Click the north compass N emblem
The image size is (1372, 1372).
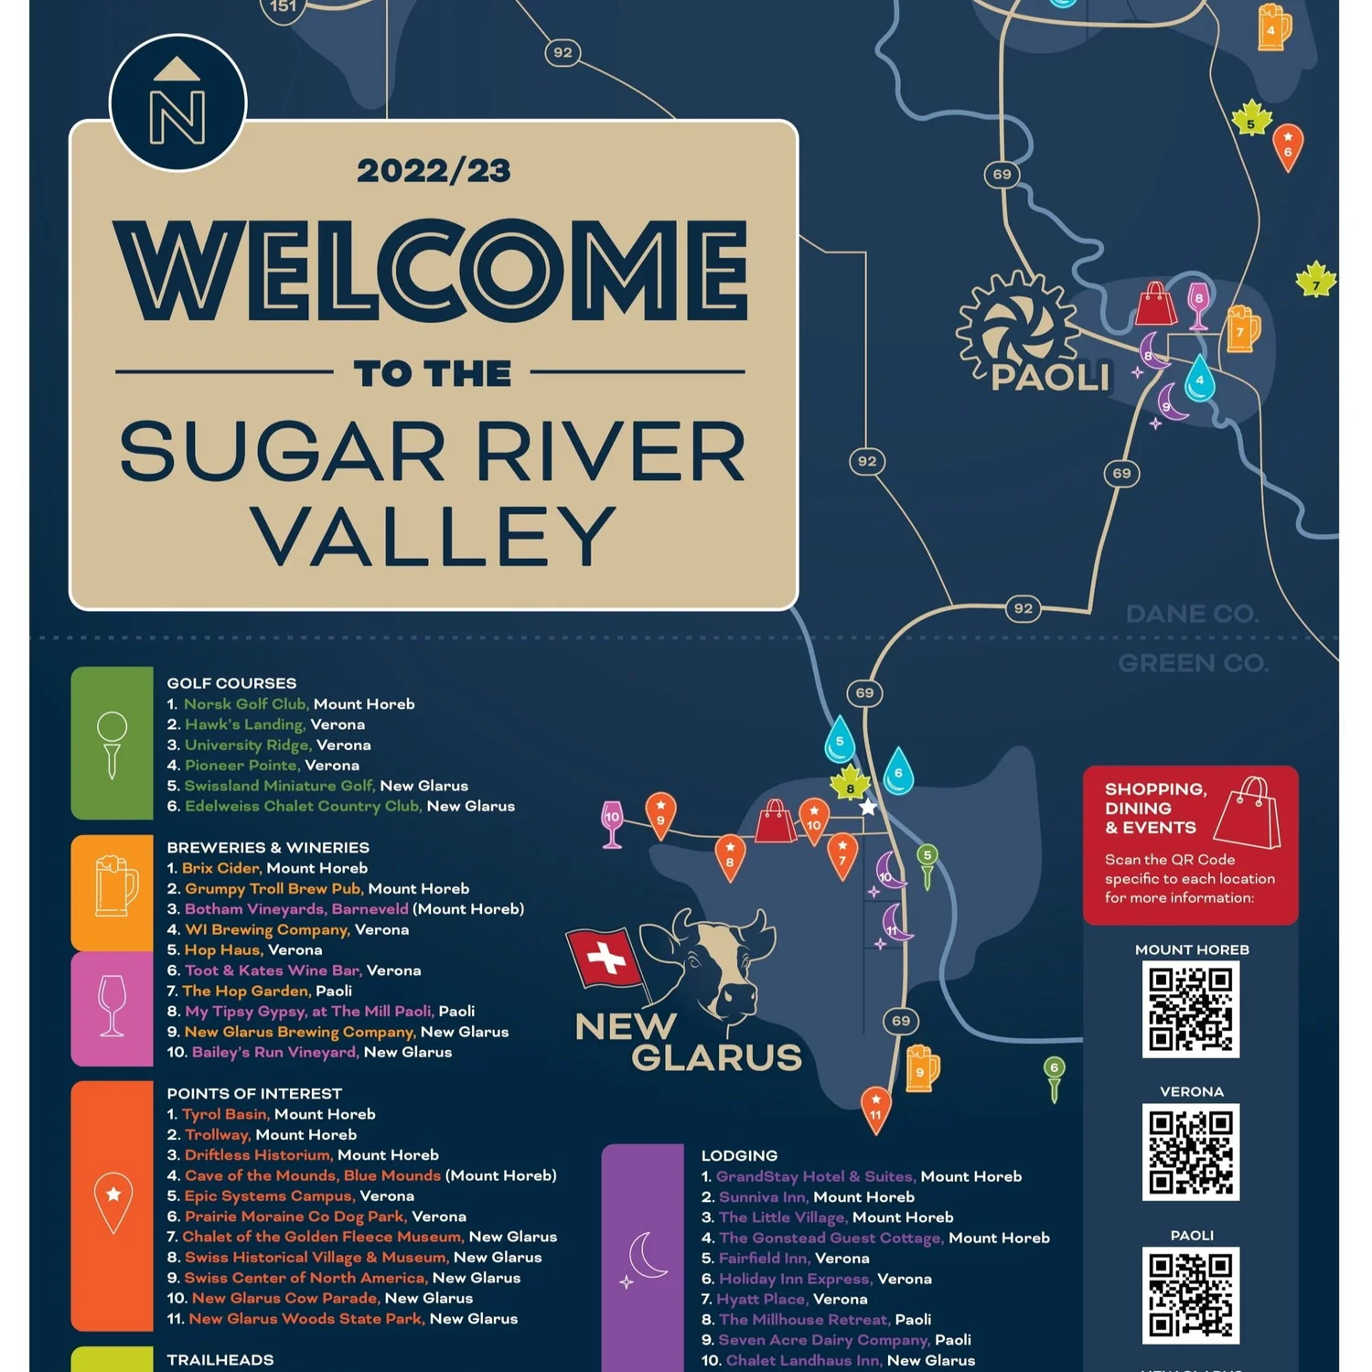coord(177,102)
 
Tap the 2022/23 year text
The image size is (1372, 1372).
coord(434,171)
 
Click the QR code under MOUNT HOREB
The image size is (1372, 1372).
coord(1190,1009)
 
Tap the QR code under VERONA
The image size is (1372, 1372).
coord(1190,1152)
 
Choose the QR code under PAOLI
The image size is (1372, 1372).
coord(1190,1294)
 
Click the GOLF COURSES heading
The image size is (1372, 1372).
coord(231,683)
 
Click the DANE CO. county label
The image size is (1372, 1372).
coord(1192,614)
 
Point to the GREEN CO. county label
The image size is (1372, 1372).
coord(1193,663)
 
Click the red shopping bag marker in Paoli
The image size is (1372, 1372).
coord(1155,305)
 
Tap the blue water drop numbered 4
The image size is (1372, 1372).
coord(1199,379)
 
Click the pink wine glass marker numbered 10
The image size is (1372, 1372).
coord(612,821)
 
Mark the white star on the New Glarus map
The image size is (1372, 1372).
coord(868,808)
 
